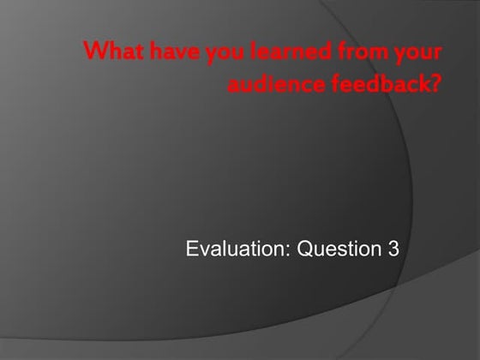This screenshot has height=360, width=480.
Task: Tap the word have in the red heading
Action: (160, 52)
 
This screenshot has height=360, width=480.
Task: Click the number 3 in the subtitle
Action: (393, 250)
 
